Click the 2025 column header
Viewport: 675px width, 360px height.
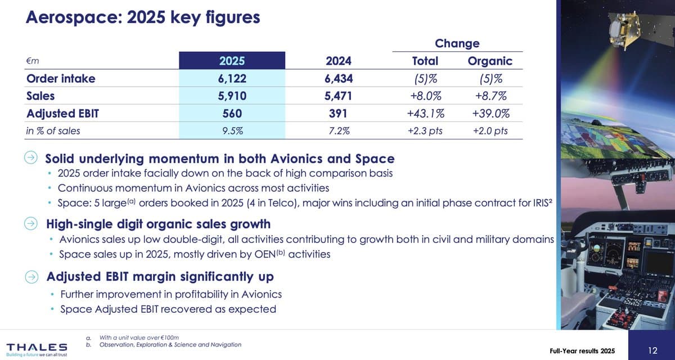tap(232, 61)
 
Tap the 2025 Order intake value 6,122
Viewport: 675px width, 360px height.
tap(232, 79)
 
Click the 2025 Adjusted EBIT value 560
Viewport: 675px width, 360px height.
tap(232, 114)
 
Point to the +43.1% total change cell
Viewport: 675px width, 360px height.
tap(425, 114)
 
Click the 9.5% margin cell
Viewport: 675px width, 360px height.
tap(232, 131)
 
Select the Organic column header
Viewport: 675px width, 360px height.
tap(490, 61)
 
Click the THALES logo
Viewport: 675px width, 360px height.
tap(36, 347)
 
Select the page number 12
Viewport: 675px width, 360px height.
tap(652, 351)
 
